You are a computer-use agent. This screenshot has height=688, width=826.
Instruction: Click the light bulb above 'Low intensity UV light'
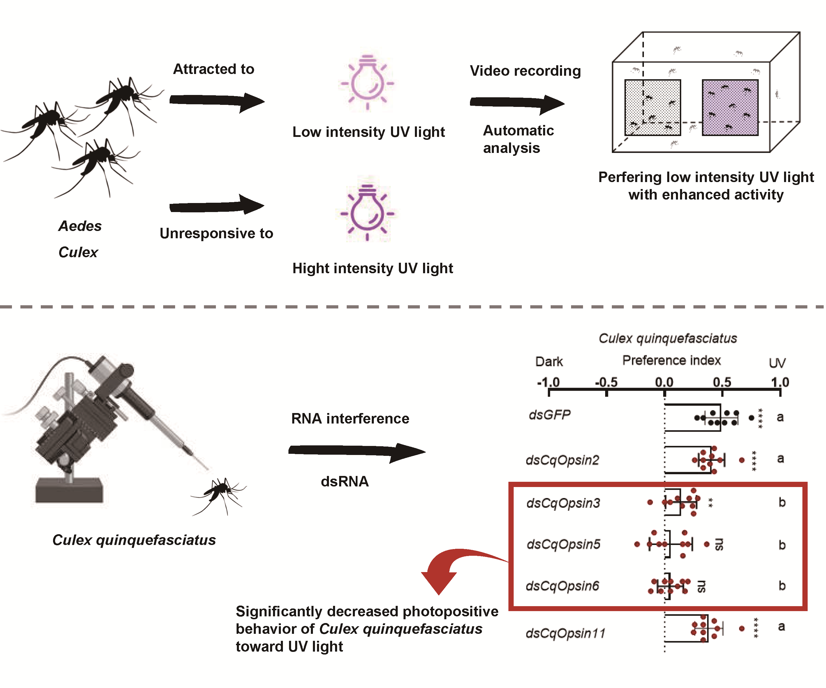[367, 82]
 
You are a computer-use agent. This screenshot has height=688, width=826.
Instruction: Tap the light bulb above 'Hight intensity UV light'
[367, 213]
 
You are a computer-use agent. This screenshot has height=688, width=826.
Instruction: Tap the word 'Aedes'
[80, 226]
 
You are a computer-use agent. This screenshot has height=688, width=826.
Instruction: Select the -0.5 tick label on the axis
[606, 382]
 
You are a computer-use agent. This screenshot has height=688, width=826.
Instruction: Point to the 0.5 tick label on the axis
[722, 382]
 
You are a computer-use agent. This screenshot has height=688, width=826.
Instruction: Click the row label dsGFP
[550, 415]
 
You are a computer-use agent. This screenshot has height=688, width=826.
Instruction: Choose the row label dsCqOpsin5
[563, 544]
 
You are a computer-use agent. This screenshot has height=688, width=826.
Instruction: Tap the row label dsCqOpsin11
[565, 633]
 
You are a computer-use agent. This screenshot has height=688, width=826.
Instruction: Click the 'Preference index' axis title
[671, 360]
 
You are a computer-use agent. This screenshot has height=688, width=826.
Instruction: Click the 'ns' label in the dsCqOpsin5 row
[718, 544]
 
